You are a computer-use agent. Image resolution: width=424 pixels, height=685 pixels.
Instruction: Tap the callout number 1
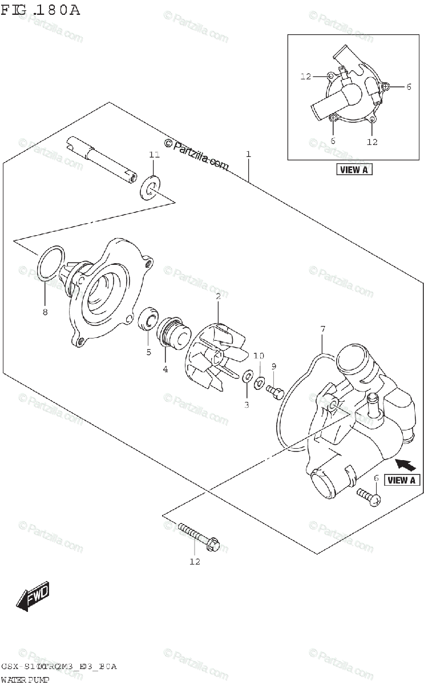click(x=249, y=154)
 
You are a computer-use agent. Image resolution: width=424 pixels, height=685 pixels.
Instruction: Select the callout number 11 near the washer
click(x=152, y=155)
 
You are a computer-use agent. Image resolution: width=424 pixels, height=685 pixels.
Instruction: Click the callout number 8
click(x=45, y=312)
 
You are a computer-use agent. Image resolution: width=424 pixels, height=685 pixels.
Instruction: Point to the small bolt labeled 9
click(x=274, y=391)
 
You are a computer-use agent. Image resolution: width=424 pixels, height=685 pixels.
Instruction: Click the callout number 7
click(x=322, y=329)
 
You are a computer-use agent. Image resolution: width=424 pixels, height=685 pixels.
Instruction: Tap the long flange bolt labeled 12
click(x=199, y=536)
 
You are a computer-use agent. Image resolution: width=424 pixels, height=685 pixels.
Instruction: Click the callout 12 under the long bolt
click(x=195, y=562)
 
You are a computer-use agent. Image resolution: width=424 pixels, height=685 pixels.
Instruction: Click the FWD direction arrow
click(x=33, y=596)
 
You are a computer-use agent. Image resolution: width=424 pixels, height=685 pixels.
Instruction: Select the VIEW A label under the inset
click(x=354, y=169)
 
